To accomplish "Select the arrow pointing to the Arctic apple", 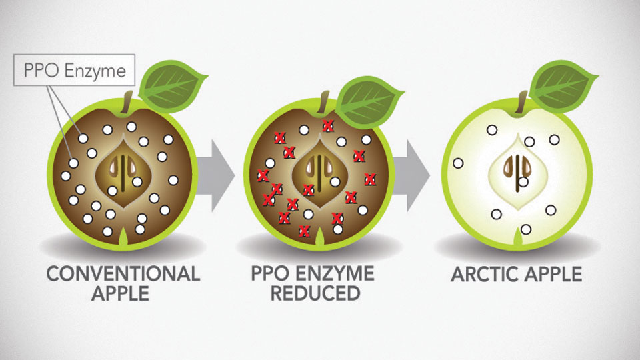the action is click(x=412, y=175).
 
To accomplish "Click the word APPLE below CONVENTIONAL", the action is click(x=121, y=293).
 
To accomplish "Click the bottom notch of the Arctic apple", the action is click(x=518, y=237).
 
